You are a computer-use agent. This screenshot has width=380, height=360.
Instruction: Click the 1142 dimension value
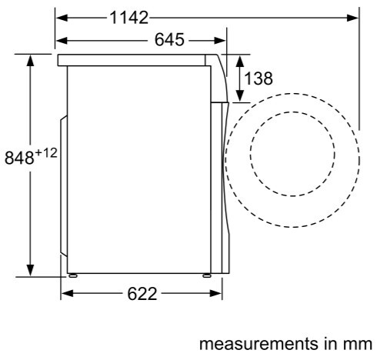129,18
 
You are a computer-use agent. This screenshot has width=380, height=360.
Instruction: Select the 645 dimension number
169,40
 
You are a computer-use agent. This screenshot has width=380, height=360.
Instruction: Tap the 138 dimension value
258,78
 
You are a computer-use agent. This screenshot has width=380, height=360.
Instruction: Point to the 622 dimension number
142,294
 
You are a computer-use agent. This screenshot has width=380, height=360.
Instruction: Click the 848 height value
19,158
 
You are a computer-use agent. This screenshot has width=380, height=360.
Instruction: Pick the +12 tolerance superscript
46,153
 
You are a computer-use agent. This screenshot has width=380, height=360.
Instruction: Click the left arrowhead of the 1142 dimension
62,18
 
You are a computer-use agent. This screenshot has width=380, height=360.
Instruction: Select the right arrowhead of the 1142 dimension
352,18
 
